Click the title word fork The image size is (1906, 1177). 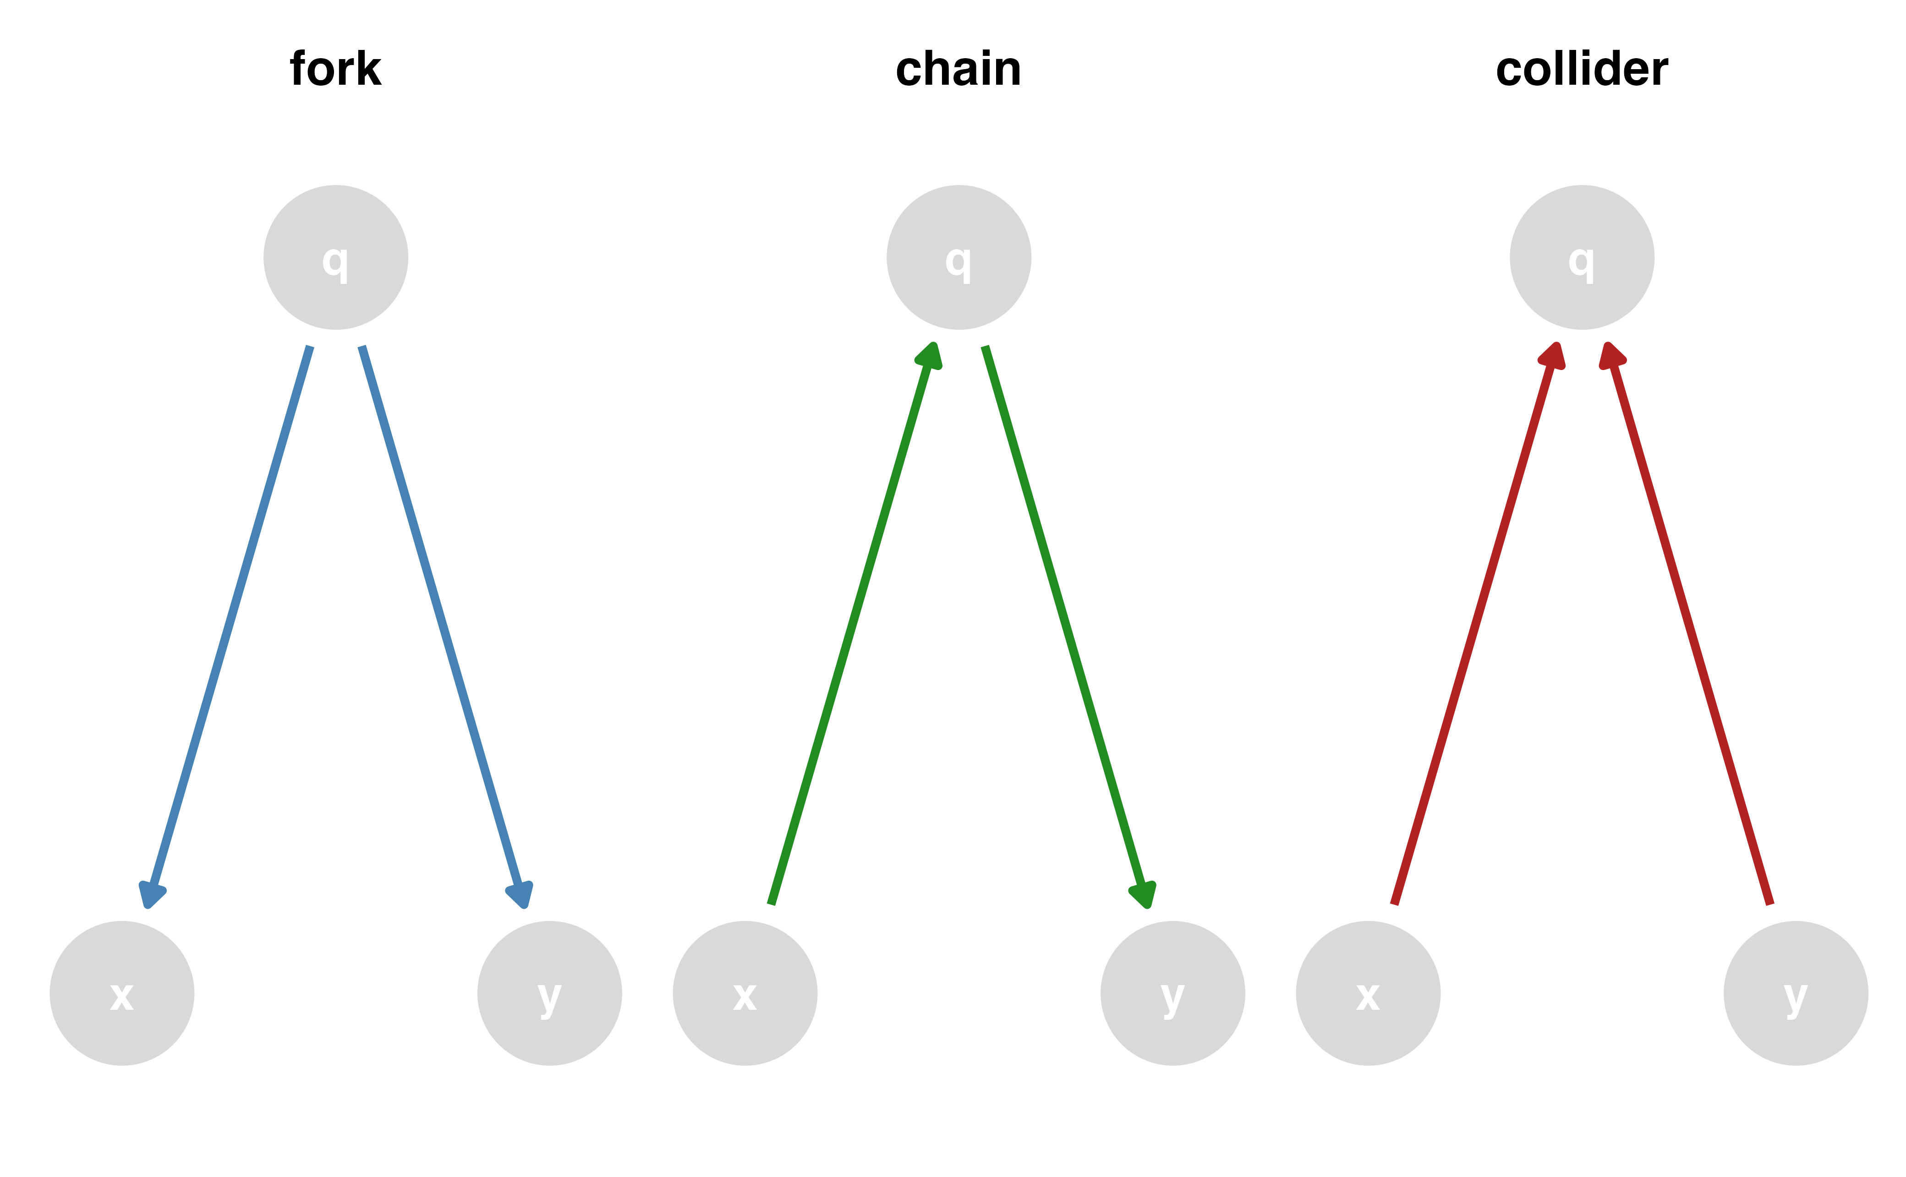tap(335, 69)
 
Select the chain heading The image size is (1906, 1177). tap(958, 69)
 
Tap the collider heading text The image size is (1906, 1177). tap(1581, 69)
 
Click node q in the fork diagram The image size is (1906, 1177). tap(335, 258)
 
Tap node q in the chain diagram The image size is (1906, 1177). tap(958, 258)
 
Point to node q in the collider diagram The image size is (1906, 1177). tap(1581, 258)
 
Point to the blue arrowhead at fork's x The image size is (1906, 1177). tap(152, 895)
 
